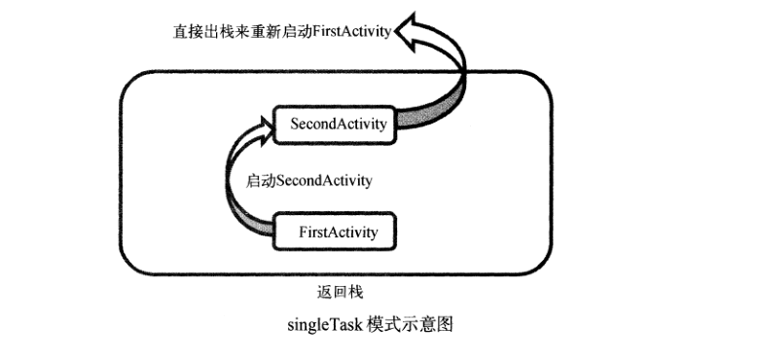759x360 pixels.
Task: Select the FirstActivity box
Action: tap(338, 233)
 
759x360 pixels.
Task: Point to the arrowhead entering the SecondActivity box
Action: tap(268, 123)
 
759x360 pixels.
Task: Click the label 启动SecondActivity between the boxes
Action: tap(308, 180)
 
